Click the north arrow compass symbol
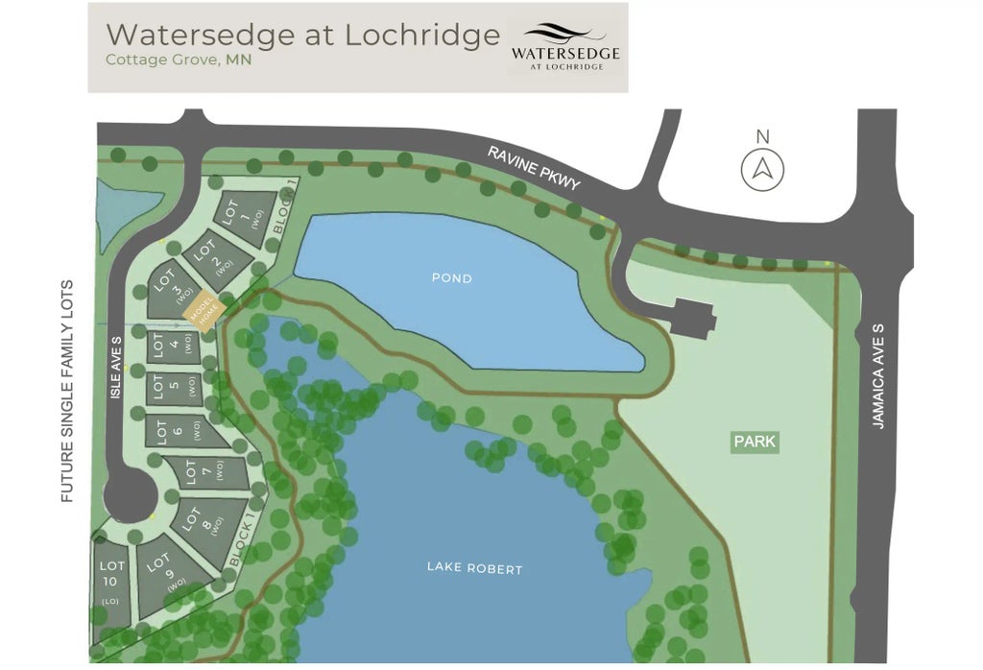(762, 169)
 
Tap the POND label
(451, 278)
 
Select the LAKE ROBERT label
(474, 569)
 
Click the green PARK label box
(755, 443)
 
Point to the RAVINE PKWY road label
(534, 168)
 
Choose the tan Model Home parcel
(204, 312)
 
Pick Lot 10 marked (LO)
(112, 580)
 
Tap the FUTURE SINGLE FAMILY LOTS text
(67, 392)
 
